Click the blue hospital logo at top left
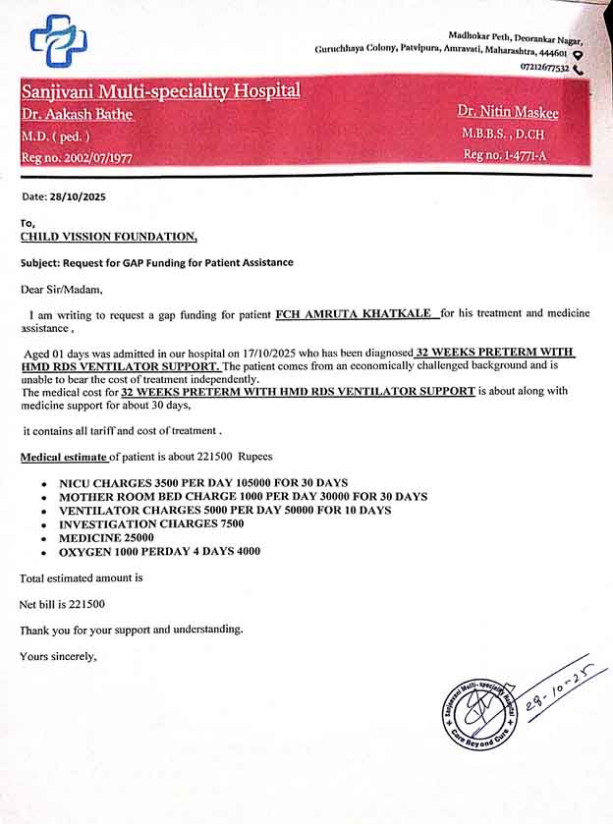(58, 40)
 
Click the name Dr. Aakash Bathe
(77, 115)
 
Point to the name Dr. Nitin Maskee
(508, 112)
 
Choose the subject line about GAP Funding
(156, 262)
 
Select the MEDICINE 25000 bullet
(107, 538)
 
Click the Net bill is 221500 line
(62, 604)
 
